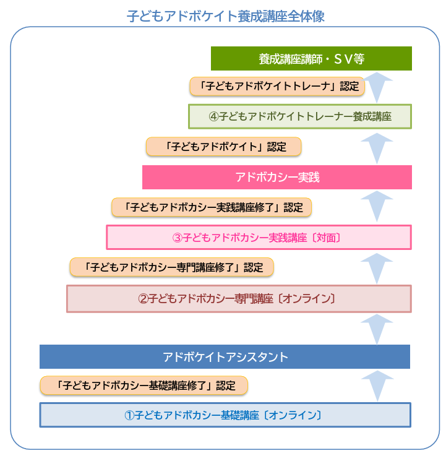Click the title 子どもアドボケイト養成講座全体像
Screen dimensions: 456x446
click(x=225, y=15)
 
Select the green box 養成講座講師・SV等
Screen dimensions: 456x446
click(x=311, y=59)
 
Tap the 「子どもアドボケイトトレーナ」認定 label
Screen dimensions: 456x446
click(x=276, y=86)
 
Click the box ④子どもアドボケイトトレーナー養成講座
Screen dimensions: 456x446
click(x=300, y=116)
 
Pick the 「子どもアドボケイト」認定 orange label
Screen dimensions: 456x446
click(x=223, y=147)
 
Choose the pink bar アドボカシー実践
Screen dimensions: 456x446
click(x=277, y=177)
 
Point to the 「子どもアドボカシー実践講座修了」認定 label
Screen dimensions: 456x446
click(x=211, y=207)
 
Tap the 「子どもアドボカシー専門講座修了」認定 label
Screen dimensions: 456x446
click(x=171, y=267)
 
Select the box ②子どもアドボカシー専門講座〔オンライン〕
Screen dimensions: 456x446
click(x=238, y=298)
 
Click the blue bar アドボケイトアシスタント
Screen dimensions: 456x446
click(x=225, y=357)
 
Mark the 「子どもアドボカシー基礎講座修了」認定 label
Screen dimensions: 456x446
click(x=144, y=385)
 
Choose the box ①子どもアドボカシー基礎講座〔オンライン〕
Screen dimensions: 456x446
click(x=225, y=415)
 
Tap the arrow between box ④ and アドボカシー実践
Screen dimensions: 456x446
click(x=377, y=147)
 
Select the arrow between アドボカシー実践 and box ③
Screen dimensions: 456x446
click(x=377, y=206)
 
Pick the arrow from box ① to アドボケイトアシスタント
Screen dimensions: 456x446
click(x=377, y=385)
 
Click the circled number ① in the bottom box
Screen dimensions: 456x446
click(x=129, y=415)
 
